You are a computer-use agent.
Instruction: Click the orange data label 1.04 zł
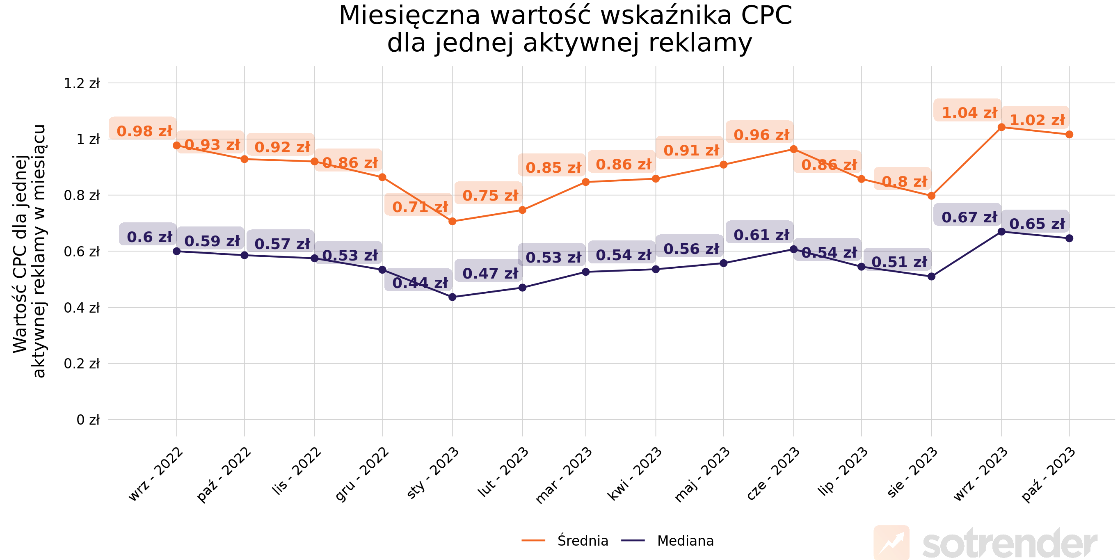(x=969, y=112)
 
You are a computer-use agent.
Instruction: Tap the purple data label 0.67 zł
(x=969, y=217)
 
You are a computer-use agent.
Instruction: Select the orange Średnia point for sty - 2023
(x=452, y=221)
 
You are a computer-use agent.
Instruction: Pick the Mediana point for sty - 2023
(x=452, y=297)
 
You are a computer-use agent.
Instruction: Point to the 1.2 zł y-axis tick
(x=82, y=83)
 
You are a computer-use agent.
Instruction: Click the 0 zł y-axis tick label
(x=88, y=420)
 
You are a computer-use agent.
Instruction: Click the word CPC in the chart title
(x=766, y=16)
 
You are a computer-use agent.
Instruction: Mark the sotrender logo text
(x=1009, y=544)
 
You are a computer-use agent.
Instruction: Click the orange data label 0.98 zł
(x=144, y=131)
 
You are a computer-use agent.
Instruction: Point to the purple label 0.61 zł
(x=761, y=235)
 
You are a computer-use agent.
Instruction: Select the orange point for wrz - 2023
(x=1001, y=127)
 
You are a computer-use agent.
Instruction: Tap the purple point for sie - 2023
(x=931, y=277)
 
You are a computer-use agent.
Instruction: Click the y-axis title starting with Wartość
(x=29, y=251)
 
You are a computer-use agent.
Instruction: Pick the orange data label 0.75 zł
(x=490, y=195)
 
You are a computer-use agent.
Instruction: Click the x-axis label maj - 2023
(x=702, y=475)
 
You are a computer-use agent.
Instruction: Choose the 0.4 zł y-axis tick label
(x=82, y=307)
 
